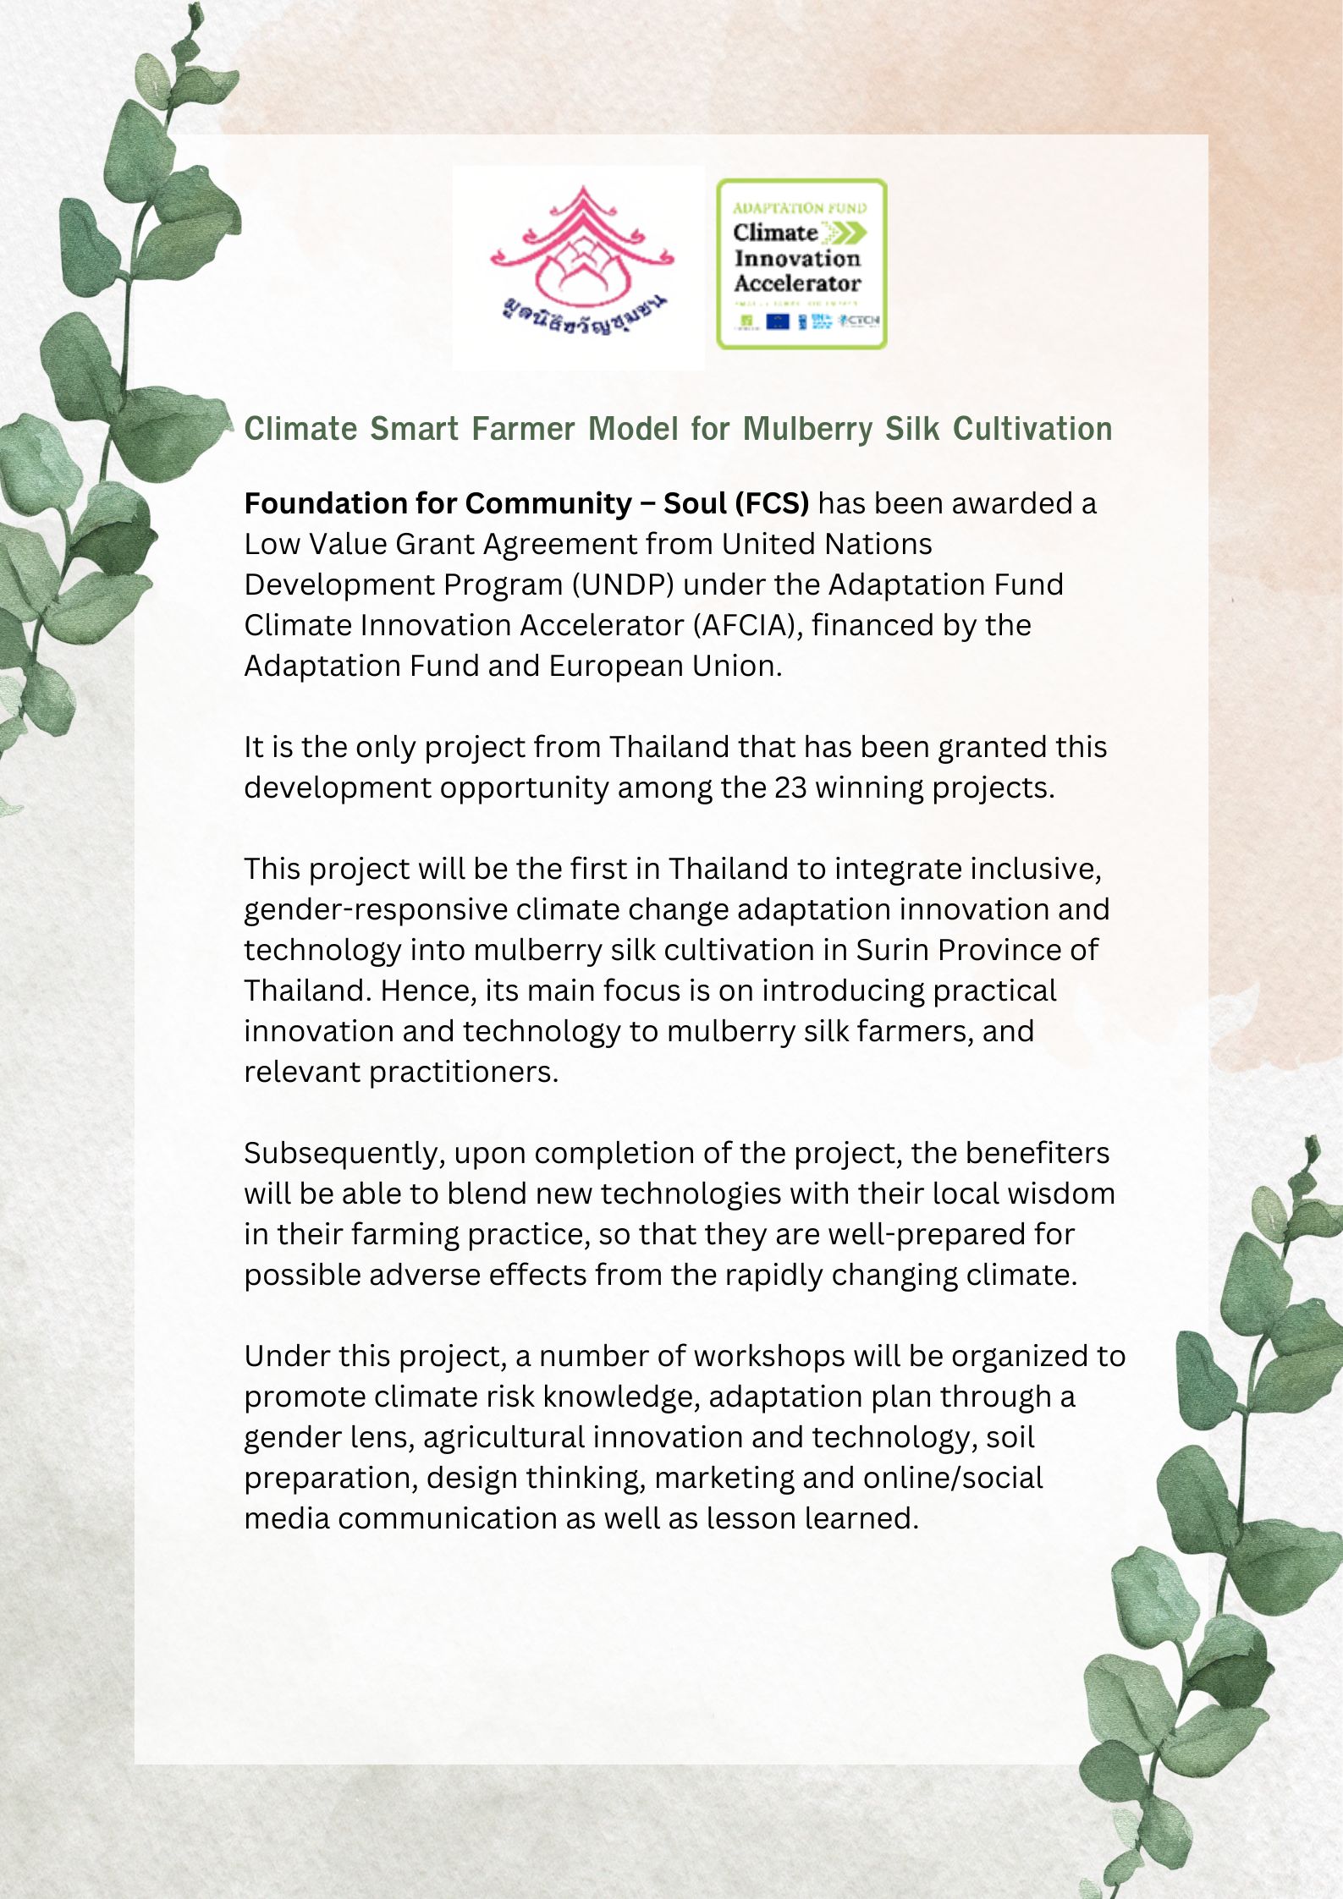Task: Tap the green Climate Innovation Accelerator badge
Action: pos(801,263)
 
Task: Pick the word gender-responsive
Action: pos(376,909)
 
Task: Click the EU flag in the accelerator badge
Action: pos(777,321)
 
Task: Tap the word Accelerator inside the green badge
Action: pos(796,283)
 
